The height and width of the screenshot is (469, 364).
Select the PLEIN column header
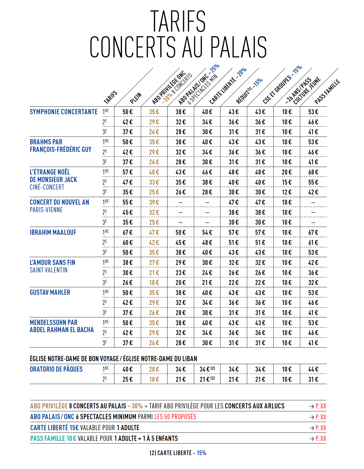coord(136,98)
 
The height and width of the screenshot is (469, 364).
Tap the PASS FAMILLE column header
coord(327,92)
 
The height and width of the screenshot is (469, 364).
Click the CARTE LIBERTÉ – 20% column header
coord(228,86)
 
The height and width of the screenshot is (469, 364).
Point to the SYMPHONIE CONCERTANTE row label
coord(63,112)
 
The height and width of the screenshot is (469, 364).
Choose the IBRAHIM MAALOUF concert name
coord(53,232)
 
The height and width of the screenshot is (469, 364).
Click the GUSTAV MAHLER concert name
coord(50,292)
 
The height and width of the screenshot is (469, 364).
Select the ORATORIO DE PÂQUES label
coord(56,369)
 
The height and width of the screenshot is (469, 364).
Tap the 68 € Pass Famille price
coord(313,172)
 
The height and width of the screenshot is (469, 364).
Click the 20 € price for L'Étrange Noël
coord(287,172)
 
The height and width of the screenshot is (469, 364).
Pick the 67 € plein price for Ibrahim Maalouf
coord(128,232)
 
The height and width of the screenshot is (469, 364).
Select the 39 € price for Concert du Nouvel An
coord(154,202)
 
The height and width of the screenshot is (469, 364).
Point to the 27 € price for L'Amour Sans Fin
coord(154,263)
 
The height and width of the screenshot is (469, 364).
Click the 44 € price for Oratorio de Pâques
coord(313,369)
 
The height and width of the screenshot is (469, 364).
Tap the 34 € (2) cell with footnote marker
coord(207,369)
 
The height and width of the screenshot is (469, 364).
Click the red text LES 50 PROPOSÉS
coord(175,417)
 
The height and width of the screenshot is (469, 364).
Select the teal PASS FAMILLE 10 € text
coord(53,439)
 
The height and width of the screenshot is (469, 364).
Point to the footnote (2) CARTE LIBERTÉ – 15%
coord(178,453)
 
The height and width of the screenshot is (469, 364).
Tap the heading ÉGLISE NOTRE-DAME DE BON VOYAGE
coord(74,359)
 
